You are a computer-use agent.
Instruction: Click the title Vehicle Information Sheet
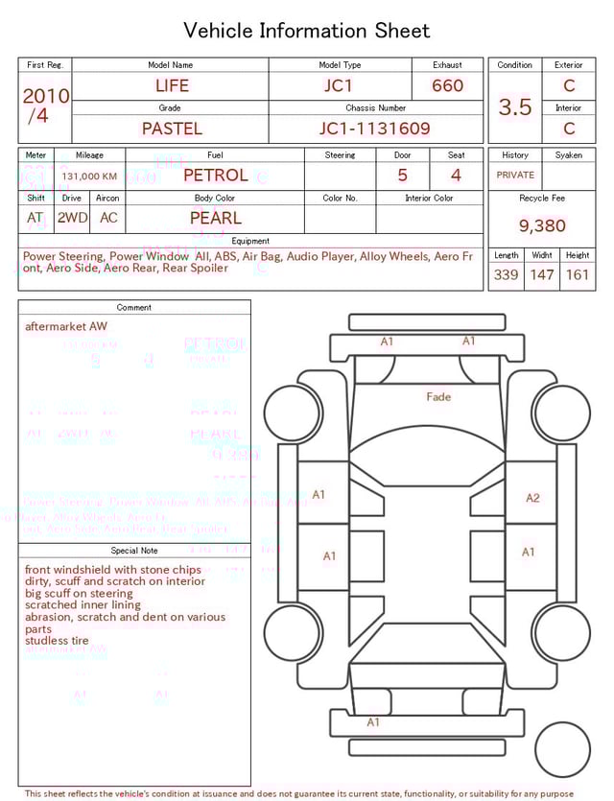click(x=307, y=31)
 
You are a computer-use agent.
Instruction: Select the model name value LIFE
click(x=172, y=85)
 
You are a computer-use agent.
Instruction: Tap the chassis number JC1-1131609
click(x=374, y=128)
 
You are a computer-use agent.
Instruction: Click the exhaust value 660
click(x=447, y=85)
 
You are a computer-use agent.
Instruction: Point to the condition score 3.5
click(x=515, y=107)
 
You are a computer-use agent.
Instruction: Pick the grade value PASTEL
click(x=172, y=128)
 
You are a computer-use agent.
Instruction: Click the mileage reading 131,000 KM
click(x=89, y=177)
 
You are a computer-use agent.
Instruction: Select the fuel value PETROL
click(x=215, y=175)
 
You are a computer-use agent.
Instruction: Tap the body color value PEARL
click(x=215, y=218)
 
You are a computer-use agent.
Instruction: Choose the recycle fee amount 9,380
click(x=542, y=226)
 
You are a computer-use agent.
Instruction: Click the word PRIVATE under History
click(x=515, y=175)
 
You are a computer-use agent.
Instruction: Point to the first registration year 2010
click(x=45, y=96)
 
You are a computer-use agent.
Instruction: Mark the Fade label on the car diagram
click(x=438, y=396)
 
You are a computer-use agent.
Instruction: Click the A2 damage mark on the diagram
click(x=532, y=498)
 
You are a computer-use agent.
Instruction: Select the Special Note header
click(x=134, y=551)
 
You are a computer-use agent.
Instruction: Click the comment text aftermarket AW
click(x=66, y=326)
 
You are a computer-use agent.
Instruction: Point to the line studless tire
click(x=57, y=640)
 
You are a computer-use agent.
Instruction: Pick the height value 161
click(x=577, y=275)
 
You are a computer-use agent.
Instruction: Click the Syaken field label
click(x=568, y=154)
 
